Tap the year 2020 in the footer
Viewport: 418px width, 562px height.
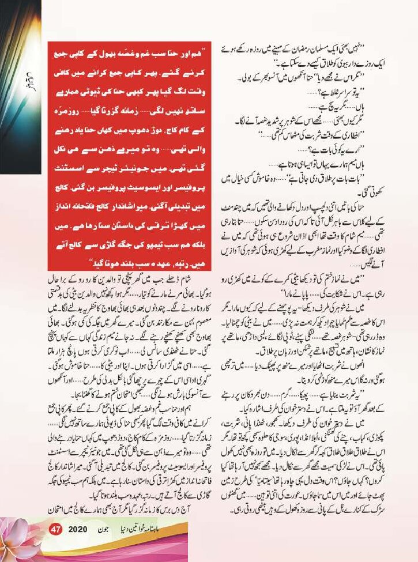point(78,545)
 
